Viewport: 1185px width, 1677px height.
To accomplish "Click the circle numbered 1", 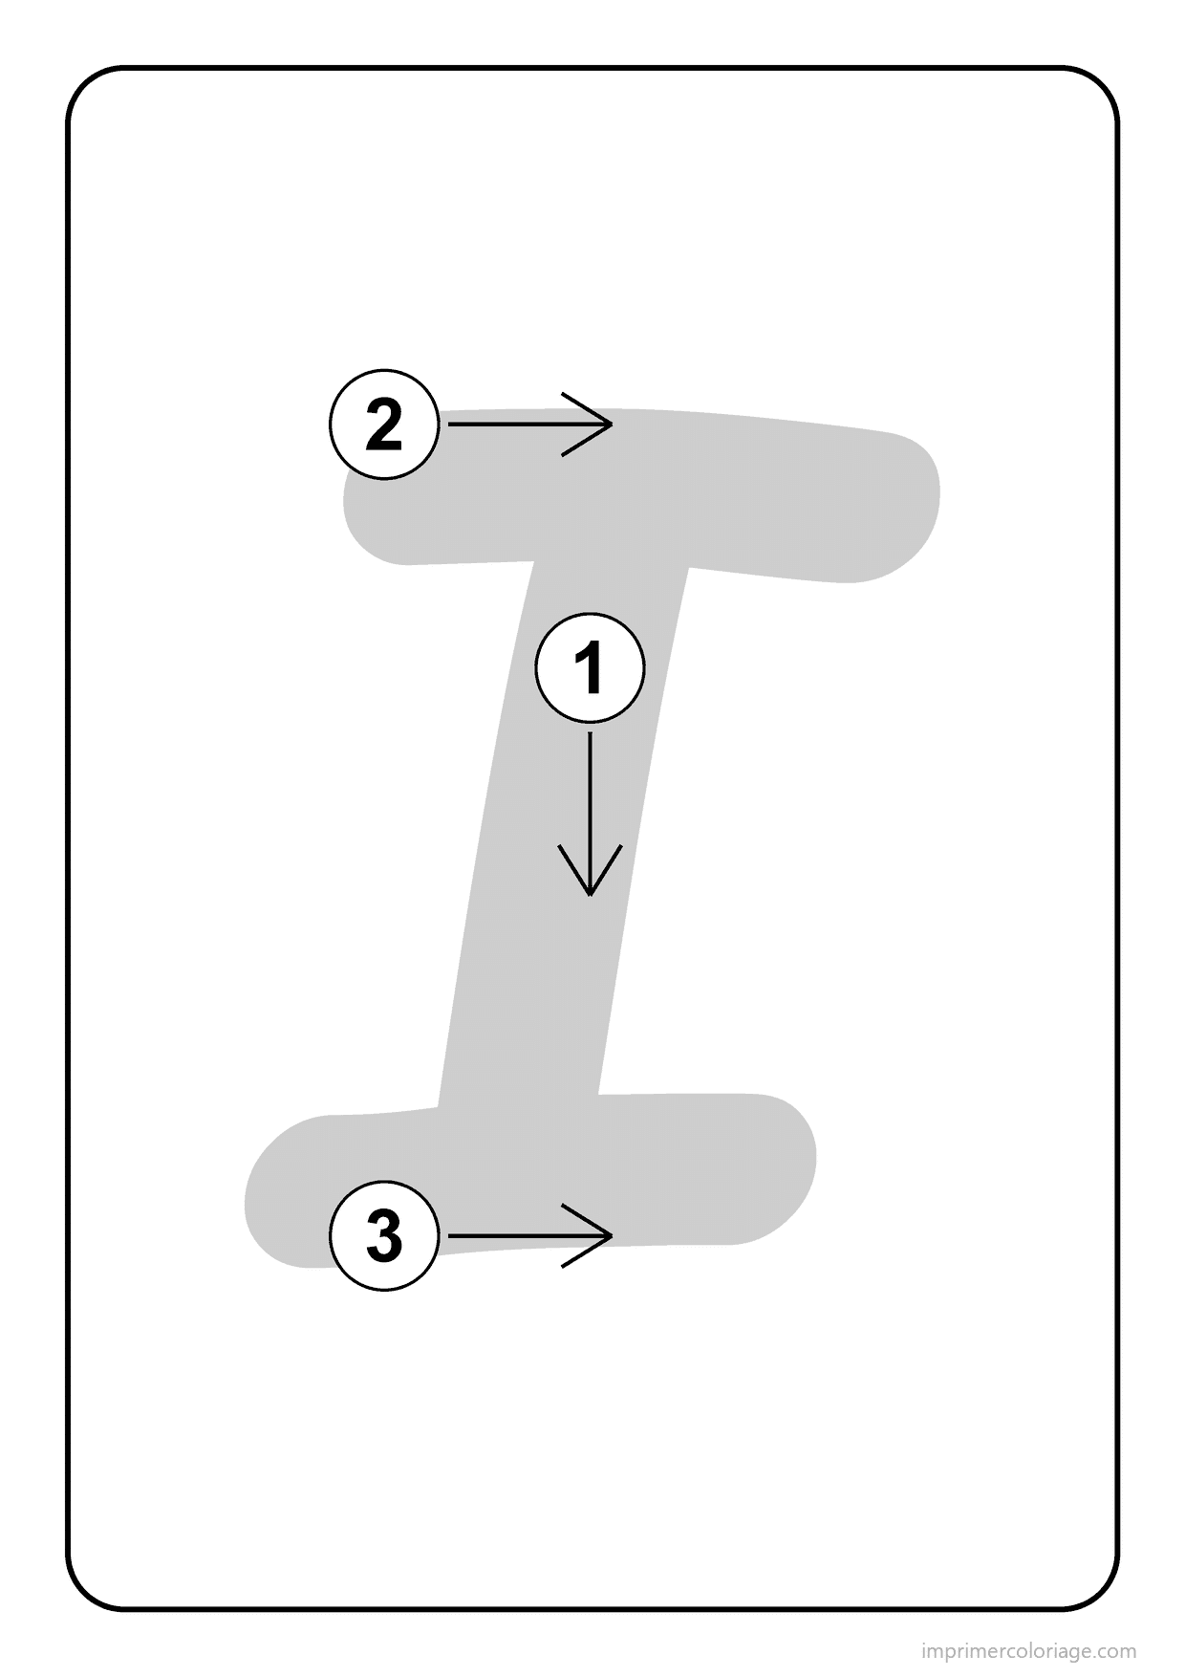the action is [x=590, y=667].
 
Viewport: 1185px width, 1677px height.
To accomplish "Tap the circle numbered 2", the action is [x=384, y=425].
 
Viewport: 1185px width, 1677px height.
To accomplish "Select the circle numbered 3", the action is [x=384, y=1236].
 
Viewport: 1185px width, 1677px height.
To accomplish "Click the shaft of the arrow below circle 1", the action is [x=590, y=813].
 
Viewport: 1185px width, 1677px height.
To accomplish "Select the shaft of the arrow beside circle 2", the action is [x=529, y=424].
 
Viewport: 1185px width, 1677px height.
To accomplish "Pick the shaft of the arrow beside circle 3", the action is [x=529, y=1236].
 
